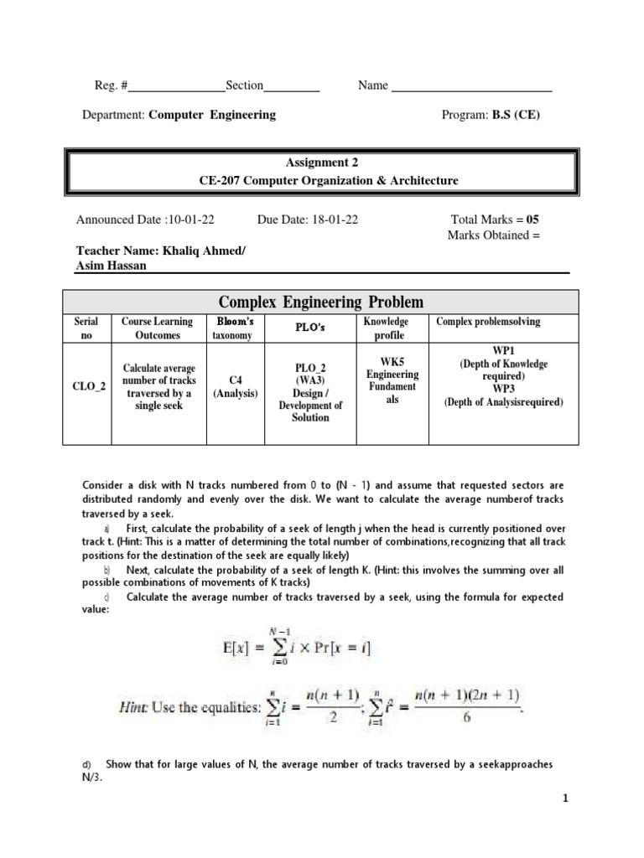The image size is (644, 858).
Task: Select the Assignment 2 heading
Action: point(321,163)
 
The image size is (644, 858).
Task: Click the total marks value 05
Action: point(533,220)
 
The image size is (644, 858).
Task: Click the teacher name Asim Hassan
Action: point(116,266)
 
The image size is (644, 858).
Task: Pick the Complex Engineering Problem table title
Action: point(321,302)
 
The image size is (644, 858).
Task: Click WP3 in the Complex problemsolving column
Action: point(503,389)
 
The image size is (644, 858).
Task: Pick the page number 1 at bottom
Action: point(566,799)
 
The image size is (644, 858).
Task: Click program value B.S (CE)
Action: point(516,115)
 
